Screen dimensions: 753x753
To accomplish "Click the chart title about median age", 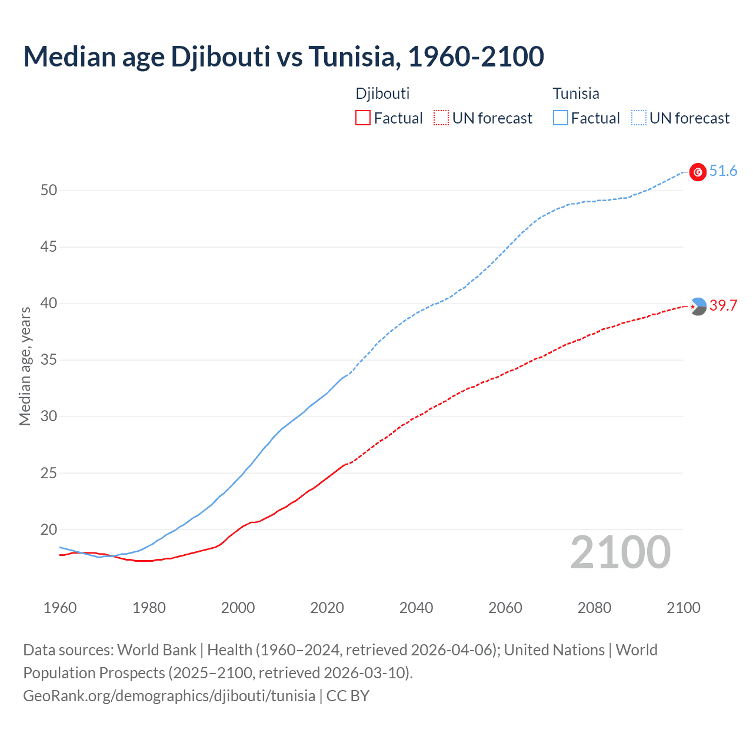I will click(284, 56).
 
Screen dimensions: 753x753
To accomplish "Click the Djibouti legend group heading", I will click(382, 94).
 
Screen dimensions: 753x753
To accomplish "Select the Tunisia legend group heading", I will click(576, 94).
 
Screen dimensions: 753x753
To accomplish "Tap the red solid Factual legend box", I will click(363, 118).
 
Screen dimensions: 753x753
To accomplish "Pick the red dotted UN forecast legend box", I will click(441, 118).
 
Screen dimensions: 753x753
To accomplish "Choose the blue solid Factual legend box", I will click(561, 118).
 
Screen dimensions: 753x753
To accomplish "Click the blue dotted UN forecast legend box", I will click(638, 118).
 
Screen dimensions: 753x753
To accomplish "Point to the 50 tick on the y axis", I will click(49, 190).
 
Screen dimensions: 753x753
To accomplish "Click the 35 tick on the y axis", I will click(49, 359).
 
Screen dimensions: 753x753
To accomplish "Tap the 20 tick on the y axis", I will click(49, 529).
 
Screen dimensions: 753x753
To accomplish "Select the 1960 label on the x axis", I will click(60, 608).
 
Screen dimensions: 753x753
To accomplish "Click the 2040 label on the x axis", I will click(416, 608).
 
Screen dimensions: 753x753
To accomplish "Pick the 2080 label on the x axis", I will click(594, 608).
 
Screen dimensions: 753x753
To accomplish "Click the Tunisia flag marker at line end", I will click(698, 172).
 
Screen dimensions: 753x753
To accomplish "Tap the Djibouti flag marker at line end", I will click(698, 306).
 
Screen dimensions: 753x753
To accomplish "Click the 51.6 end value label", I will click(723, 171).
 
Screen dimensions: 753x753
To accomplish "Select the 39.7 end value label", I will click(723, 306).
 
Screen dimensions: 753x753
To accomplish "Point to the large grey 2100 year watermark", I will click(620, 552).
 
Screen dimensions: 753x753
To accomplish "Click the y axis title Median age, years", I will click(25, 366).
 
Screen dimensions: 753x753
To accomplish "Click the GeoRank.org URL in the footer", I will click(169, 696).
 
